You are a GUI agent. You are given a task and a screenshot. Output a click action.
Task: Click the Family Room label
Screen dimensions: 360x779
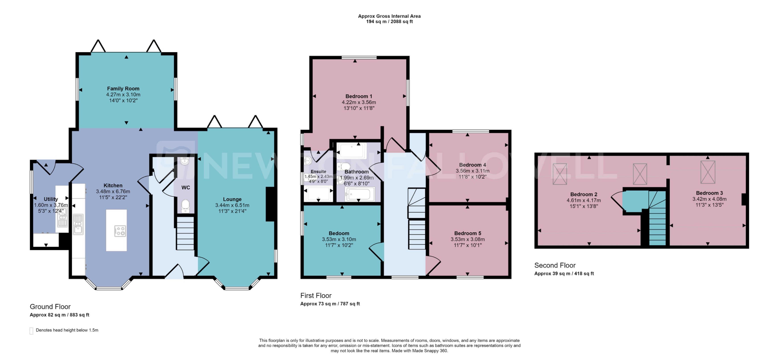point(123,89)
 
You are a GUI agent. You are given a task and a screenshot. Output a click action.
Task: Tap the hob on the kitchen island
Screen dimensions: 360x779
point(120,231)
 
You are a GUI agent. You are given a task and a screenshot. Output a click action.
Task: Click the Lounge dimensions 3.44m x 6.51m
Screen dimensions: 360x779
point(232,205)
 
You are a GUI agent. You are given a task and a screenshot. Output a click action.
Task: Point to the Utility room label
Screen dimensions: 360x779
point(51,199)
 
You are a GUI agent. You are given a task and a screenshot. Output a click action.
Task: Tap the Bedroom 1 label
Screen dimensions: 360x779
point(359,96)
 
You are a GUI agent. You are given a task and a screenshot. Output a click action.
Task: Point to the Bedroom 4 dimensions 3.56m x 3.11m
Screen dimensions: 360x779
point(472,171)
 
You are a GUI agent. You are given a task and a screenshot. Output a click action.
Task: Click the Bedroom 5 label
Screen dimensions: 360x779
point(468,233)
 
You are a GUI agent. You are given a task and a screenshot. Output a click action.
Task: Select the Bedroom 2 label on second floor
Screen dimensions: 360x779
point(584,194)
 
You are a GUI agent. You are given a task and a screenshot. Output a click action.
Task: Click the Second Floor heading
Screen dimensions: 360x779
point(555,265)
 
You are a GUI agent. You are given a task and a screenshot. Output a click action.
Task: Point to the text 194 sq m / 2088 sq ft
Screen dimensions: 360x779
point(389,21)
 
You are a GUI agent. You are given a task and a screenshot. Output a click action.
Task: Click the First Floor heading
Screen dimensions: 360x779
point(316,296)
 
